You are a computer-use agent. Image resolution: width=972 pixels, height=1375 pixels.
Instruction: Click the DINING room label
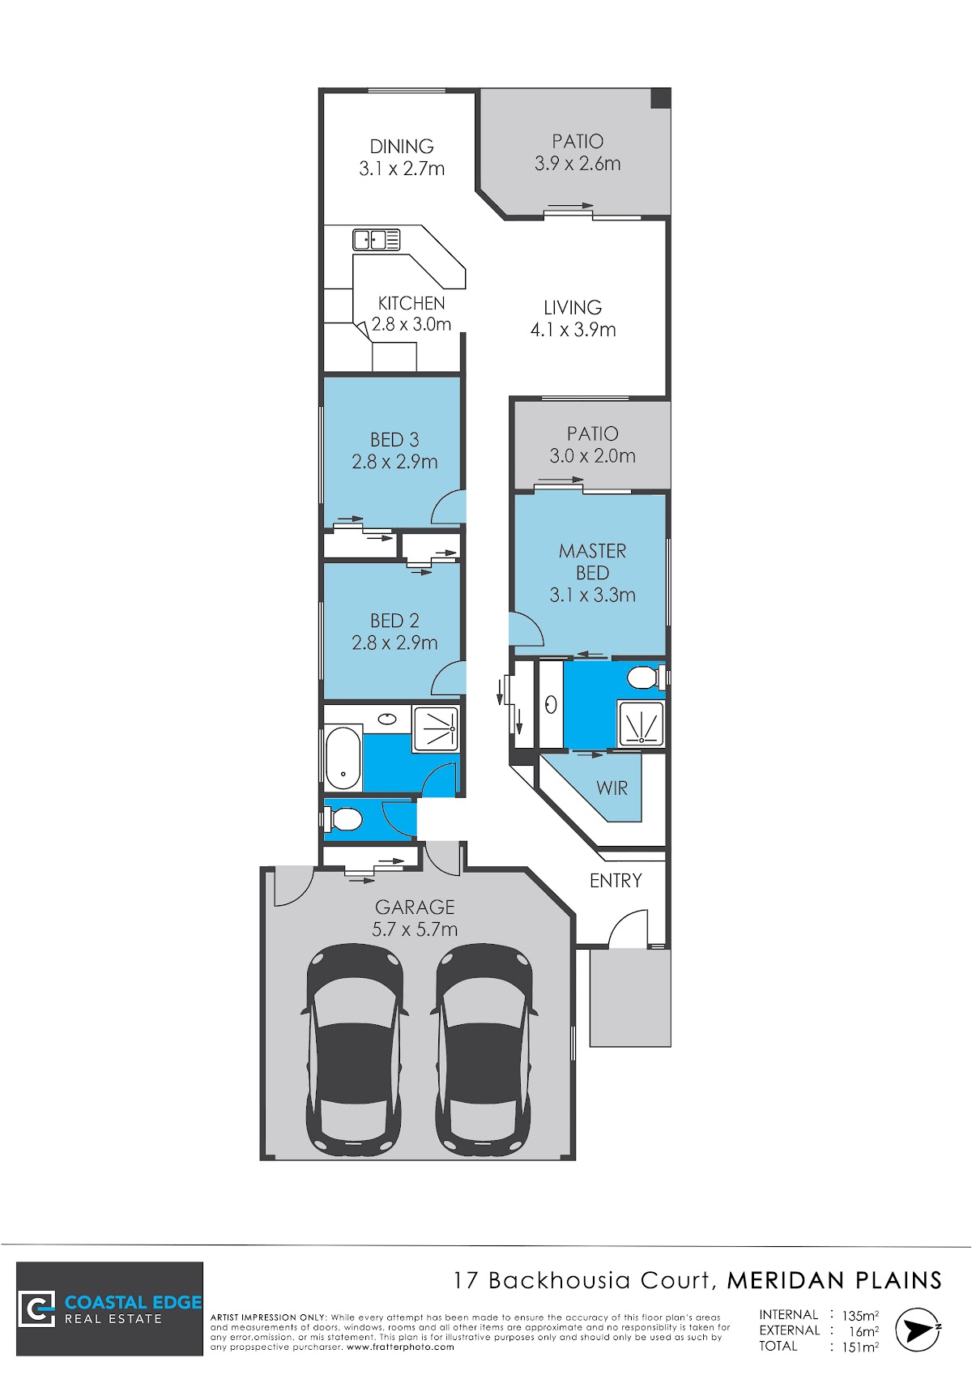pos(401,147)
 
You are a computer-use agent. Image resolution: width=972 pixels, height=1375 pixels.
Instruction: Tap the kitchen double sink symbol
pos(376,239)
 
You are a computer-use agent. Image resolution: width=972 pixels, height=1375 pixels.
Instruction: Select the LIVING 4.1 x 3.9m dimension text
pos(573,330)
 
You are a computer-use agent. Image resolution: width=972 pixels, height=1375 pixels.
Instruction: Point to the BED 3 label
pos(394,439)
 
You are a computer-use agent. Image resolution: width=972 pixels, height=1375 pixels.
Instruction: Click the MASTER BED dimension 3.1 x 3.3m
pos(592,595)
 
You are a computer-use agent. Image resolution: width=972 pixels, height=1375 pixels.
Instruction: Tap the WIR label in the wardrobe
pos(612,788)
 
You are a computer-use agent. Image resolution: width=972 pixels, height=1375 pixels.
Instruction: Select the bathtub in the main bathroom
pos(343,758)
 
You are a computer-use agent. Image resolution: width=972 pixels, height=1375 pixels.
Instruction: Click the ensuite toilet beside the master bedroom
pos(644,677)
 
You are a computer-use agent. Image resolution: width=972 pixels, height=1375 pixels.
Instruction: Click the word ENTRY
pos(616,881)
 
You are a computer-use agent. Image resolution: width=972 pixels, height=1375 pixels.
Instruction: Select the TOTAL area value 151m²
pos(860,1347)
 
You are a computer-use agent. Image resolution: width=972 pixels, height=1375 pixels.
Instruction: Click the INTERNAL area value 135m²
pos(860,1316)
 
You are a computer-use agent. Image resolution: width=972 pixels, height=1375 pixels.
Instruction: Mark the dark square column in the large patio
pos(660,98)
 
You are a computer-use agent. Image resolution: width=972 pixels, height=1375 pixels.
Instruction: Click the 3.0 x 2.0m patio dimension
pos(592,456)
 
